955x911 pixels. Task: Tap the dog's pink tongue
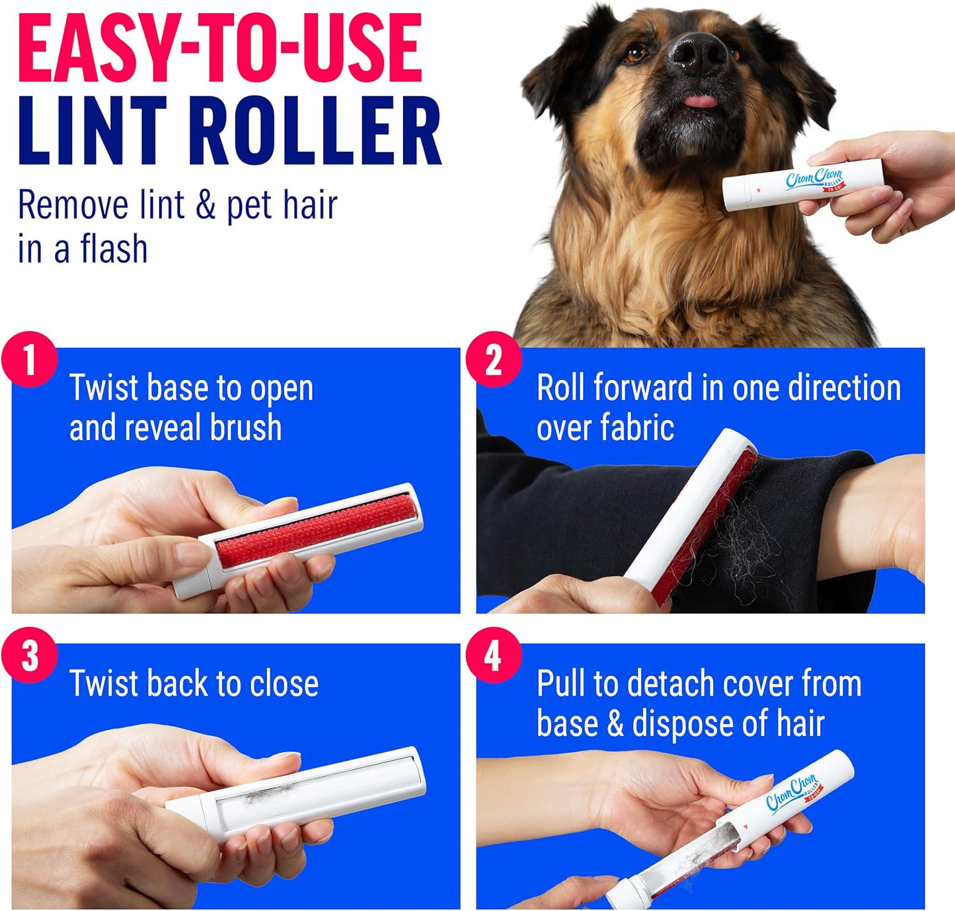pos(700,101)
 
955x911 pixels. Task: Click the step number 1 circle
pos(29,360)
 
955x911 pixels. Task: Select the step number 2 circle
pos(494,360)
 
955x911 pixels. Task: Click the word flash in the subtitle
pos(114,250)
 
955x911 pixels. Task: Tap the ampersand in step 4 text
pos(615,724)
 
